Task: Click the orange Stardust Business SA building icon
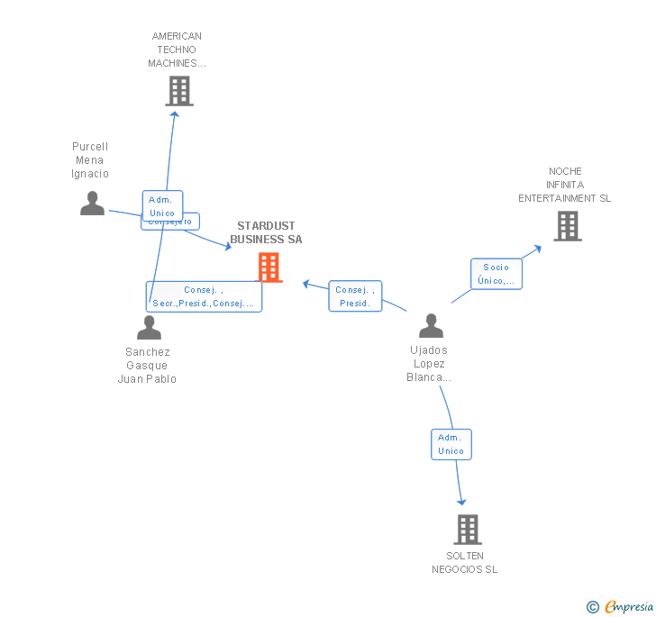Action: point(269,268)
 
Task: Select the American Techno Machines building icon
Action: point(179,91)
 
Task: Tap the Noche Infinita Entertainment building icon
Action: point(568,226)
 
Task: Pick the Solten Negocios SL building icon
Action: point(468,530)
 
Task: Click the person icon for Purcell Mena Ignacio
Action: point(92,204)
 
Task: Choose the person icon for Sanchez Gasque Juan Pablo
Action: point(149,328)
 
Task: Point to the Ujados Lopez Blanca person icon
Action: point(431,326)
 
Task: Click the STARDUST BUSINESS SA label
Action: point(266,232)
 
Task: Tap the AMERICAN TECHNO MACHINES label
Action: point(177,50)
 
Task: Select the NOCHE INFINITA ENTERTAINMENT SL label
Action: point(564,185)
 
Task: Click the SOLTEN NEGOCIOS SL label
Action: point(464,562)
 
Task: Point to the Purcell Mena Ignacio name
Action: point(90,160)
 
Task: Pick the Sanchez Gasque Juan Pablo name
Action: point(147,365)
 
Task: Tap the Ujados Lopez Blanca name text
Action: point(430,363)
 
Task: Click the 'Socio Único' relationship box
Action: point(496,274)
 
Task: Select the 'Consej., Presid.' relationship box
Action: point(355,296)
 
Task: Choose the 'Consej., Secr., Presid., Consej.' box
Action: point(204,296)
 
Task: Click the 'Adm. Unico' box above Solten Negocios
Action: point(451,444)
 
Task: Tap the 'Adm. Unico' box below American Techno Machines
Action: point(162,206)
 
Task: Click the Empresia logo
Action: point(620,607)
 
